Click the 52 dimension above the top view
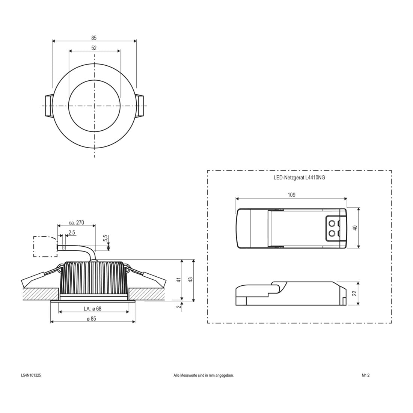point(94,48)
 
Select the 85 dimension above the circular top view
point(94,38)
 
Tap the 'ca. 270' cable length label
point(76,223)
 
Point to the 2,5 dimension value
point(72,232)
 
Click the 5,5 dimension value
point(106,238)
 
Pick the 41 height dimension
point(179,280)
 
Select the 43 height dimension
point(190,280)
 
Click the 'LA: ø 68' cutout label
point(93,309)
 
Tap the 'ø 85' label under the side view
point(91,319)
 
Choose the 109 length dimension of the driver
point(291,195)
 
